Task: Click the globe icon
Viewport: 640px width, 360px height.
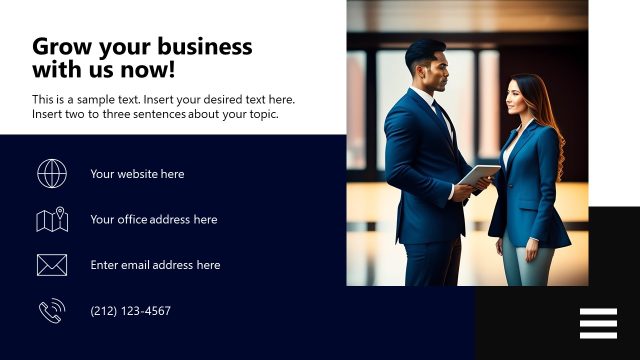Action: [x=52, y=173]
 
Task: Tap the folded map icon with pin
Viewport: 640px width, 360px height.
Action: [x=52, y=219]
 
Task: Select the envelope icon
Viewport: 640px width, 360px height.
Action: [x=52, y=265]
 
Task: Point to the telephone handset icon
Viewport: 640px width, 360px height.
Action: [x=51, y=311]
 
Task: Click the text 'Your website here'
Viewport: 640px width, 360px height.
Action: [x=137, y=174]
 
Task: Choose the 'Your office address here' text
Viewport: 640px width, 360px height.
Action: [x=153, y=220]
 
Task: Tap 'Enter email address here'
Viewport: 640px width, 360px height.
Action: [x=155, y=265]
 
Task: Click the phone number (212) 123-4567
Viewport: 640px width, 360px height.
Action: [x=130, y=311]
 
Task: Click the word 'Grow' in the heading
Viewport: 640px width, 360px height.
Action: [x=58, y=47]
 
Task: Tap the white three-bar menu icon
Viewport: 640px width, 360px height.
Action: [x=598, y=323]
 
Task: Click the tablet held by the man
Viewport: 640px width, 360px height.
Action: [x=479, y=175]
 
